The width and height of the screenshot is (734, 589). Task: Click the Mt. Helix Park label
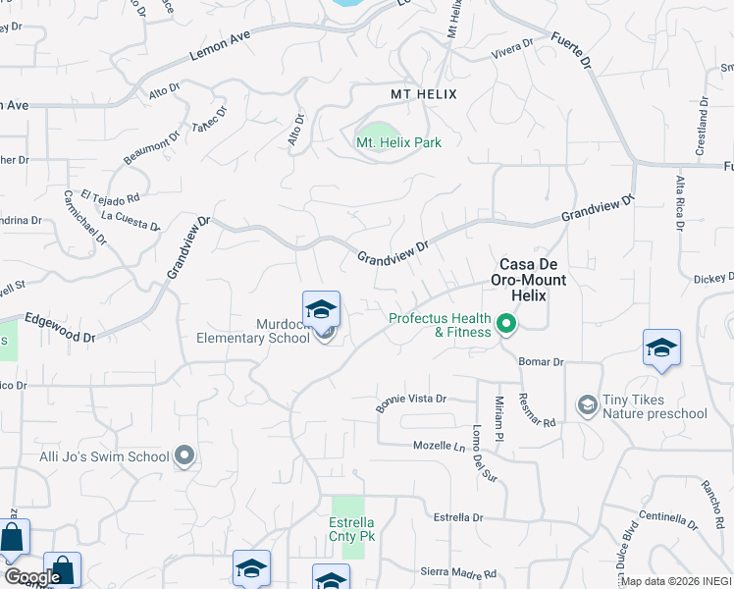398,142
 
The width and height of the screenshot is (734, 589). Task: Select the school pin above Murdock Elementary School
322,311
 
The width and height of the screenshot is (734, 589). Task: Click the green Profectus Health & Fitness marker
506,323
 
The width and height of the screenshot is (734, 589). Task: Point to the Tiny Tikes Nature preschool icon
587,405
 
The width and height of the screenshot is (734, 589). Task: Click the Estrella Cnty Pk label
351,529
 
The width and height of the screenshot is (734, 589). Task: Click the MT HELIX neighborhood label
424,93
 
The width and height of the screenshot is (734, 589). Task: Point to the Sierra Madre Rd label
459,573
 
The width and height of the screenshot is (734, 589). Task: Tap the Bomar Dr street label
542,361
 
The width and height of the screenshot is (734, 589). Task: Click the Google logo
32,577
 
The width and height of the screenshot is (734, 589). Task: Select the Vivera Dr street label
512,46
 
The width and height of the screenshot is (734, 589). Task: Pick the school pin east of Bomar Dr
661,348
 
